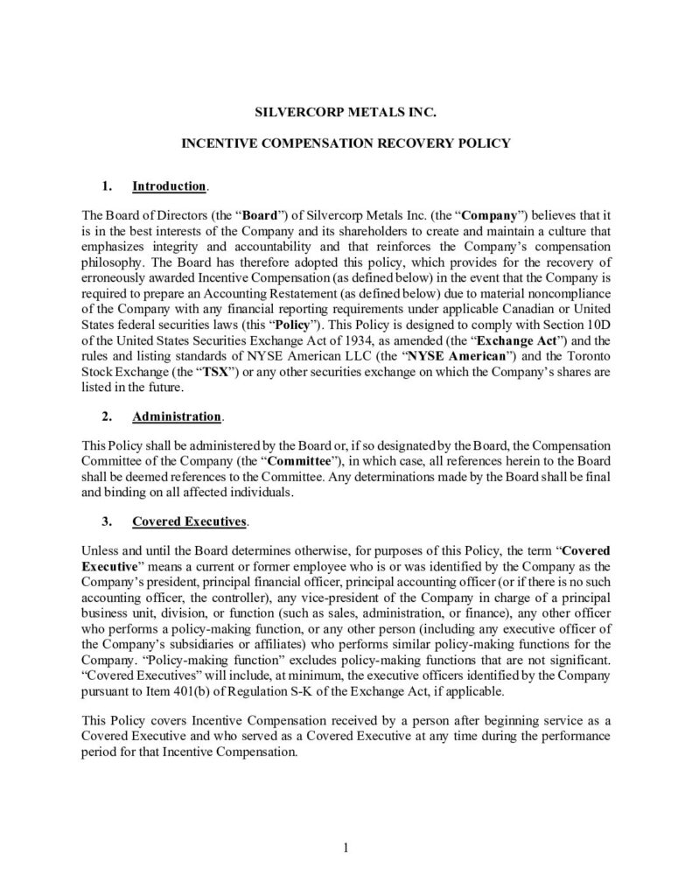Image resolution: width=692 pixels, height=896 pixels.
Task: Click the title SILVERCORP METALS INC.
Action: (x=346, y=113)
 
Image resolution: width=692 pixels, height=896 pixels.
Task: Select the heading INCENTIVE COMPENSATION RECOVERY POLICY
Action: (x=346, y=143)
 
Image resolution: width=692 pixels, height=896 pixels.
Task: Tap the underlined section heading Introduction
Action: (x=169, y=186)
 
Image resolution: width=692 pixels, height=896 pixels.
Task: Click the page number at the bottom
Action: (x=346, y=846)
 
